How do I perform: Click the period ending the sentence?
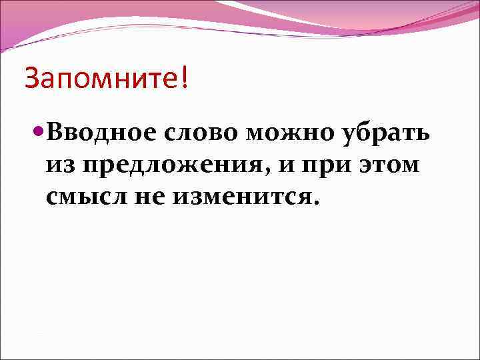[315, 203]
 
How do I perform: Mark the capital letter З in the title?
[32, 79]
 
